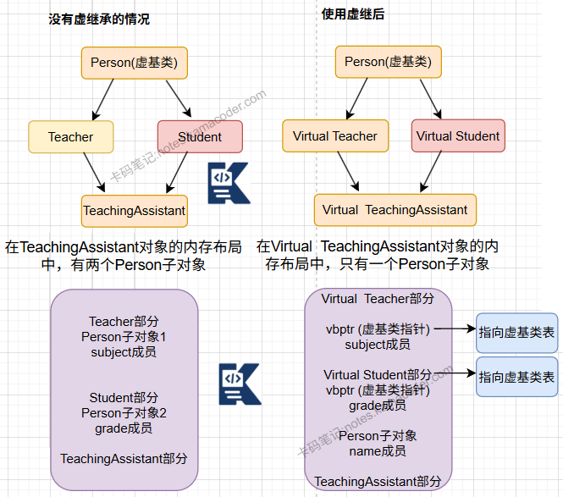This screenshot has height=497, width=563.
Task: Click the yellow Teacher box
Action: pos(70,136)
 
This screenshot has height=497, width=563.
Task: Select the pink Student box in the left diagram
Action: pos(200,136)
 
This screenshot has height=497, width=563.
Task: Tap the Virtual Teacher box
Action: pos(335,135)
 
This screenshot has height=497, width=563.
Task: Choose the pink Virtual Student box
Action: pos(458,135)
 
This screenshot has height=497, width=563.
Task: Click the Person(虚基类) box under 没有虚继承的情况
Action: pos(135,62)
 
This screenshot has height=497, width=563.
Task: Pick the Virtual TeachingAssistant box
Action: pos(395,209)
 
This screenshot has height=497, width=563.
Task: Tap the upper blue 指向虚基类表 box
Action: pos(516,332)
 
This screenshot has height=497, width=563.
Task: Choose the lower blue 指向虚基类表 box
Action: pos(516,377)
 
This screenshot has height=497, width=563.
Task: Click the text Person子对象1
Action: pos(124,337)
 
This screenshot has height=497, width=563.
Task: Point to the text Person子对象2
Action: pos(124,413)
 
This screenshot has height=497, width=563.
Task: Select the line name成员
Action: pos(378,451)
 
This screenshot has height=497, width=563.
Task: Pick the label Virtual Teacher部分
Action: pos(378,299)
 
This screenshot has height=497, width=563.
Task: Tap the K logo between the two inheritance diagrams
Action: pos(229,180)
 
